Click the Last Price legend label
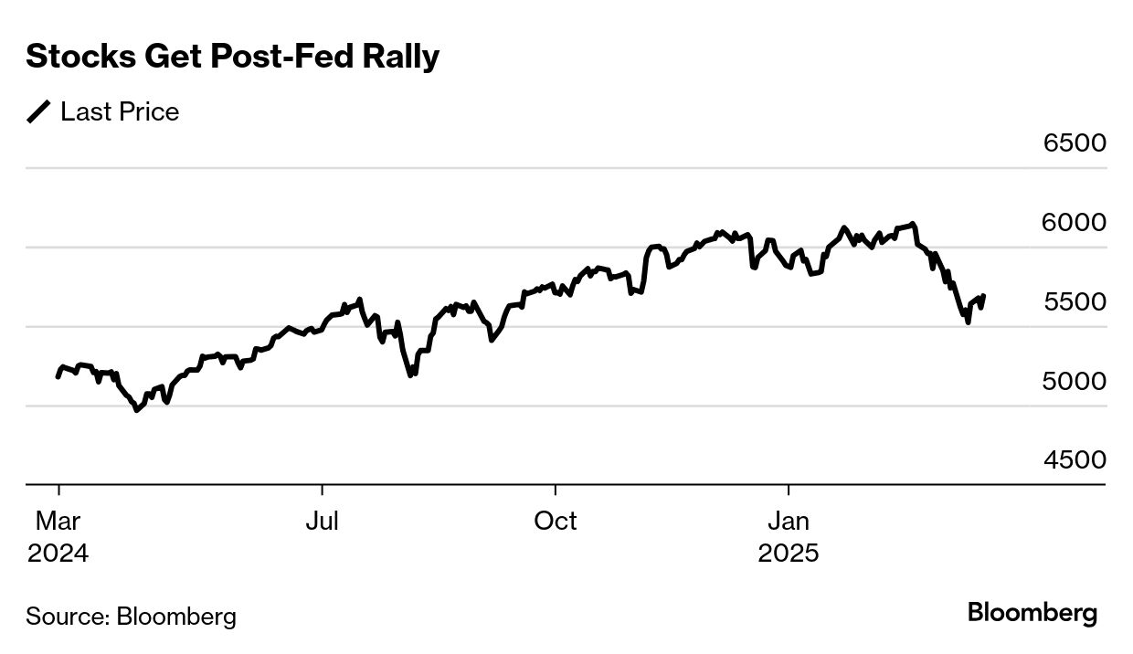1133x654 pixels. point(120,112)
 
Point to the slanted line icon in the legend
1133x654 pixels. point(39,112)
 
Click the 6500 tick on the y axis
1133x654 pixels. point(1075,143)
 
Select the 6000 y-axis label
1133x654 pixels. point(1075,223)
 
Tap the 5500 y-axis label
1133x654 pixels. point(1075,302)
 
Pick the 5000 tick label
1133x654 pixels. point(1075,381)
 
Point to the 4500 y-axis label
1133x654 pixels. point(1075,460)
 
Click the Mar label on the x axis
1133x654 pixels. point(58,522)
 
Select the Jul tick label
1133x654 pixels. point(322,522)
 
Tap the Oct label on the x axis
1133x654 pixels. point(556,522)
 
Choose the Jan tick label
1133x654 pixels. point(789,522)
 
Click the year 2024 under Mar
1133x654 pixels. point(58,554)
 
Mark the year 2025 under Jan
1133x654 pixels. point(789,554)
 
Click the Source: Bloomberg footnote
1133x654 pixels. point(131,617)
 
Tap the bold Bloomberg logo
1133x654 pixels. point(1032,613)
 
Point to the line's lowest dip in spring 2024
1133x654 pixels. point(137,410)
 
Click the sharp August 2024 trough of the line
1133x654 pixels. point(411,375)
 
